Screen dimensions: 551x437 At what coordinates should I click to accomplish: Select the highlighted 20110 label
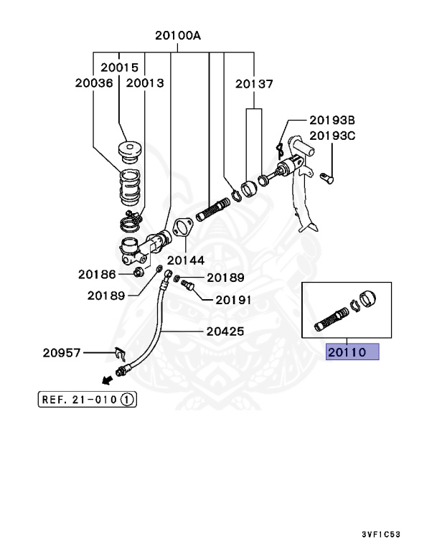(x=352, y=352)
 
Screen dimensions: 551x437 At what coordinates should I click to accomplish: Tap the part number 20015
(x=119, y=67)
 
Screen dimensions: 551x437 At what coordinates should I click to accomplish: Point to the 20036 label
(x=94, y=83)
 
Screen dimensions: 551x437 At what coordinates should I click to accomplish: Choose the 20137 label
(x=254, y=84)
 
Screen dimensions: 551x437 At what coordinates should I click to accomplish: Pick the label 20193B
(x=332, y=120)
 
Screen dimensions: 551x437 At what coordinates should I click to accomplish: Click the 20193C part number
(x=332, y=134)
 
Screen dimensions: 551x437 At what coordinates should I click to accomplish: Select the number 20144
(x=186, y=260)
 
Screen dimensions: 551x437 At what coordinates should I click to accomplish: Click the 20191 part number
(x=230, y=301)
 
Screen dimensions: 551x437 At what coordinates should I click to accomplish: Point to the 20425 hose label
(x=225, y=331)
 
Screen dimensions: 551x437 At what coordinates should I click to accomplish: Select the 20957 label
(x=62, y=352)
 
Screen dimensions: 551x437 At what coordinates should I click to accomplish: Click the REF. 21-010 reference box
(x=87, y=399)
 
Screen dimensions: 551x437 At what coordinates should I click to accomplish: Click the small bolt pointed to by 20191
(x=189, y=288)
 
